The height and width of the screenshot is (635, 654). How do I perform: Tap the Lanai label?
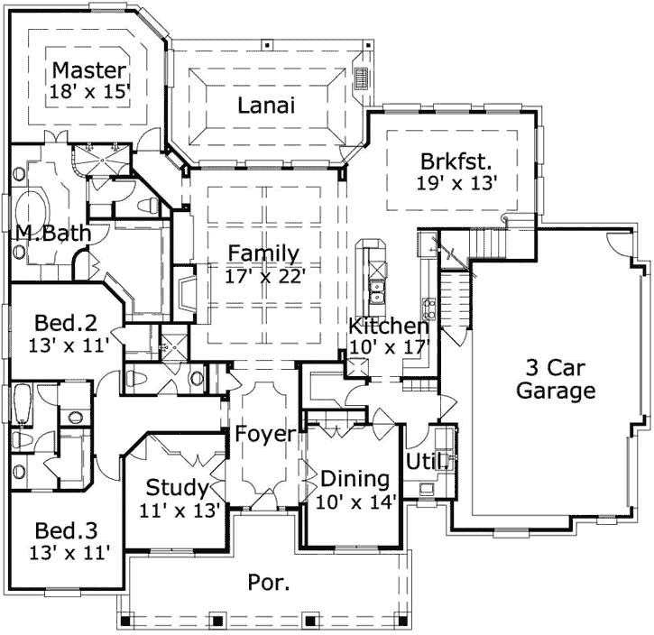tap(266, 106)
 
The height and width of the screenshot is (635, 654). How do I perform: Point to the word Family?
tap(263, 253)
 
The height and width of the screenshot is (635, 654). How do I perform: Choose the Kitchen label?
tap(389, 326)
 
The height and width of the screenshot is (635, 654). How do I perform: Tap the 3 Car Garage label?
tap(560, 379)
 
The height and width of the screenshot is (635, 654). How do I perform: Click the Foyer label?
tap(265, 435)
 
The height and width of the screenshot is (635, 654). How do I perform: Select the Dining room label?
tap(355, 479)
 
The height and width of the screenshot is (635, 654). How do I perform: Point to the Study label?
tap(177, 489)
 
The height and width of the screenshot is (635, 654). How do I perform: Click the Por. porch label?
tap(269, 582)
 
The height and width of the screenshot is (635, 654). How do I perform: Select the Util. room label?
tap(427, 463)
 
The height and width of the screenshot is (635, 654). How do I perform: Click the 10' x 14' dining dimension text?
tap(355, 501)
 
